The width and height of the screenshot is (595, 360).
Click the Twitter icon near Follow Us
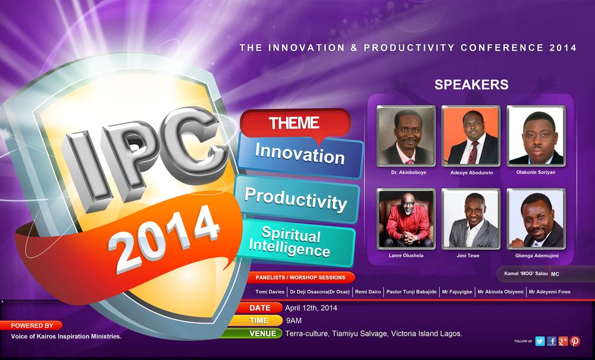pos(540,341)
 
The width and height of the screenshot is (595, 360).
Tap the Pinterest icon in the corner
pos(575,341)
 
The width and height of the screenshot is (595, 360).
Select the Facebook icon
pos(552,341)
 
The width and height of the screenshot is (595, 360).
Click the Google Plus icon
pos(563,341)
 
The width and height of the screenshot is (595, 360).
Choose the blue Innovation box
pos(300,155)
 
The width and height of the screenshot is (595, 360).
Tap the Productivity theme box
pos(296,199)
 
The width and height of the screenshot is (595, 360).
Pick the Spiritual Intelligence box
pos(295,242)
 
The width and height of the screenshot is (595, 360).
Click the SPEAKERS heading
pos(471,84)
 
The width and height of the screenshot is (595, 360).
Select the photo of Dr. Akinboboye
pos(406,136)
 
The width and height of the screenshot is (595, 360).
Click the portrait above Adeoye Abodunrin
pos(471,136)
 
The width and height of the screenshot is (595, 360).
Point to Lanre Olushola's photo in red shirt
pos(406,219)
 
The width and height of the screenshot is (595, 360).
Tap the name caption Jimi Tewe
pos(468,256)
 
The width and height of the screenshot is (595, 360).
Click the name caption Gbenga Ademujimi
pos(537,256)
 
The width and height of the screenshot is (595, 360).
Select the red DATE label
pos(259,308)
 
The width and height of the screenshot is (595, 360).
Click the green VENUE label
pos(252,333)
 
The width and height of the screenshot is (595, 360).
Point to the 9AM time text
pos(294,321)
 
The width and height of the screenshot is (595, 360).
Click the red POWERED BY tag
pos(32,325)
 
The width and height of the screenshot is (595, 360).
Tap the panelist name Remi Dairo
pos(368,292)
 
